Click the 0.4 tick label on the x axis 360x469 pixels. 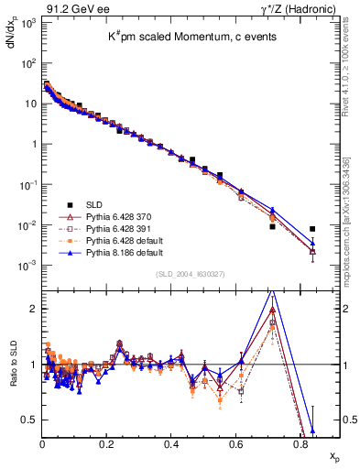pyautogui.click(x=171, y=443)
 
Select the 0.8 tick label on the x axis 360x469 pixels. pyautogui.click(x=300, y=443)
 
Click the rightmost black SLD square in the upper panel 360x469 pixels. pyautogui.click(x=312, y=229)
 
